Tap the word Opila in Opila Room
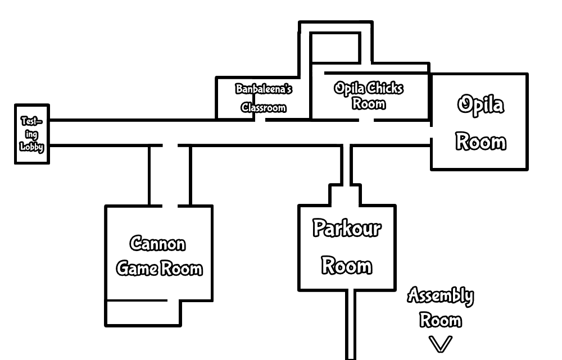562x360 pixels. click(x=480, y=105)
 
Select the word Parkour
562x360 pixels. click(x=347, y=229)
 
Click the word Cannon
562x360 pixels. click(x=158, y=244)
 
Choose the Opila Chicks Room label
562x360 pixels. click(x=369, y=95)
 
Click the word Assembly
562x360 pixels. click(x=440, y=295)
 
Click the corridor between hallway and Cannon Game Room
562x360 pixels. click(x=170, y=175)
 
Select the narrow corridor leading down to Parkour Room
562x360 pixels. click(x=347, y=165)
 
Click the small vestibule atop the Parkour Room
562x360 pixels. click(x=345, y=197)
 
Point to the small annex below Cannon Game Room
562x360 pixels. click(x=143, y=312)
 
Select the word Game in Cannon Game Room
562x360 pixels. click(x=137, y=268)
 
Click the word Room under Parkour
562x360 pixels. click(x=347, y=265)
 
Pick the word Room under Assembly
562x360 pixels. click(x=441, y=320)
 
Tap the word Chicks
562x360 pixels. click(x=384, y=88)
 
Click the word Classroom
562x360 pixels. click(x=264, y=107)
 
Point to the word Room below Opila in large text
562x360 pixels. click(x=480, y=141)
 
